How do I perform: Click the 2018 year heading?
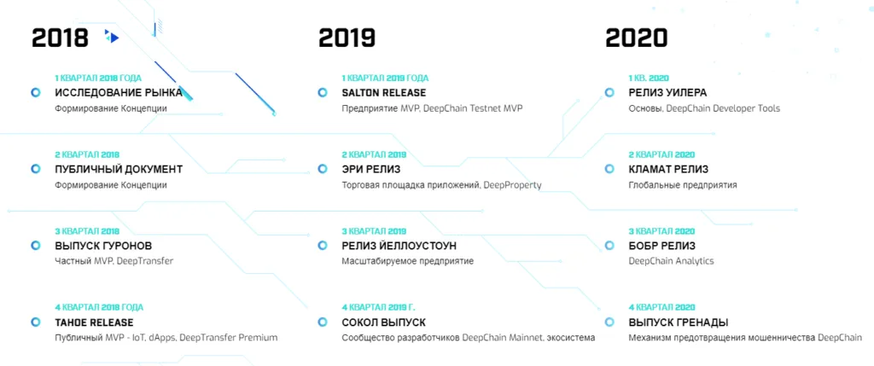pyautogui.click(x=61, y=38)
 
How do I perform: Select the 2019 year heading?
pyautogui.click(x=347, y=38)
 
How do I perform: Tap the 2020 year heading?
pyautogui.click(x=636, y=38)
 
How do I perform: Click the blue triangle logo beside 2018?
pyautogui.click(x=112, y=38)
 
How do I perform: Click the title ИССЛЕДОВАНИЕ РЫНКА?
pyautogui.click(x=119, y=93)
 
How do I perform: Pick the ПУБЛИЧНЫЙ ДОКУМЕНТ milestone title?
pyautogui.click(x=119, y=170)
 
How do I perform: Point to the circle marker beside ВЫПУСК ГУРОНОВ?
pyautogui.click(x=36, y=246)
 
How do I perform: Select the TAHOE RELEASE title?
pyautogui.click(x=94, y=322)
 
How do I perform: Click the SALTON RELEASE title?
pyautogui.click(x=383, y=93)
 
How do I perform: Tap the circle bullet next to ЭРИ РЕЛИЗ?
pyautogui.click(x=322, y=169)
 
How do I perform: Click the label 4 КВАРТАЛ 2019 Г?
pyautogui.click(x=378, y=307)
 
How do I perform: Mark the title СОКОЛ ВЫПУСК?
pyautogui.click(x=383, y=322)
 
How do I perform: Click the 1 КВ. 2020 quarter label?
pyautogui.click(x=649, y=78)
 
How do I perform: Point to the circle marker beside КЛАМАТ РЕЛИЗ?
pyautogui.click(x=609, y=169)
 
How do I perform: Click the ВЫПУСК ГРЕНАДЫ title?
pyautogui.click(x=679, y=322)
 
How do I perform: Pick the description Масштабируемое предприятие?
pyautogui.click(x=407, y=261)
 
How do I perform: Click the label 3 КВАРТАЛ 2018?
pyautogui.click(x=87, y=231)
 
